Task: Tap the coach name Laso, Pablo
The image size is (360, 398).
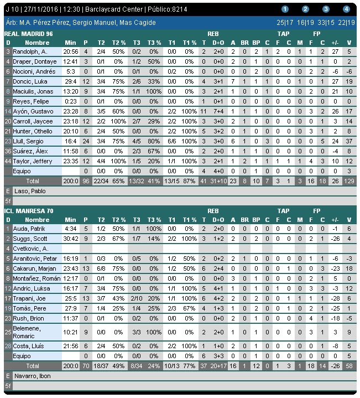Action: [27, 191]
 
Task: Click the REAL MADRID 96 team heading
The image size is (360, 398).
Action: [29, 33]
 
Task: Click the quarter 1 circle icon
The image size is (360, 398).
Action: [285, 9]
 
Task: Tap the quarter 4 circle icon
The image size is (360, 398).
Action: [346, 9]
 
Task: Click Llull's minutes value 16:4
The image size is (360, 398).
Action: [70, 141]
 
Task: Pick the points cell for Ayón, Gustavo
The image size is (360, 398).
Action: [86, 111]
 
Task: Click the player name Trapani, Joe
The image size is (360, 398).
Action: [28, 298]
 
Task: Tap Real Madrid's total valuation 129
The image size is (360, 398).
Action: [348, 181]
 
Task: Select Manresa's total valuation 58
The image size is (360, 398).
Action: [349, 366]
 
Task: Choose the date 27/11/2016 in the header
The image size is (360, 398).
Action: [38, 9]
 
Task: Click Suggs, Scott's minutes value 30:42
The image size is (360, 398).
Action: [70, 239]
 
